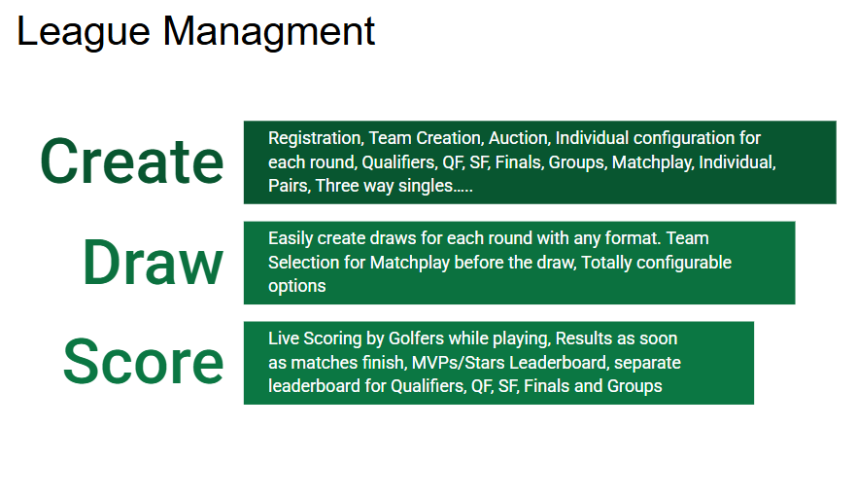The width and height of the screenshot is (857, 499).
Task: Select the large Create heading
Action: [x=132, y=161]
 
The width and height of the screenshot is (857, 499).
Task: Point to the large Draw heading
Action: [x=154, y=263]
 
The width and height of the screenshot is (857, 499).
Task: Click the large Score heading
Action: [x=143, y=362]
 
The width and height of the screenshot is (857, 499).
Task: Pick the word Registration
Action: [x=316, y=138]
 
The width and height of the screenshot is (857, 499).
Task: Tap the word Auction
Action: [x=518, y=138]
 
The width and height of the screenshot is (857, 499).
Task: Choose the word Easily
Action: [x=291, y=239]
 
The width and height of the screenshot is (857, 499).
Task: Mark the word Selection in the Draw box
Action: [x=317, y=263]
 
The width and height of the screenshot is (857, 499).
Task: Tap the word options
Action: [x=296, y=287]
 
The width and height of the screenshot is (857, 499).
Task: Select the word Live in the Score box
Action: [x=283, y=339]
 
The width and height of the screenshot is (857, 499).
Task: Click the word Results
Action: [x=582, y=339]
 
